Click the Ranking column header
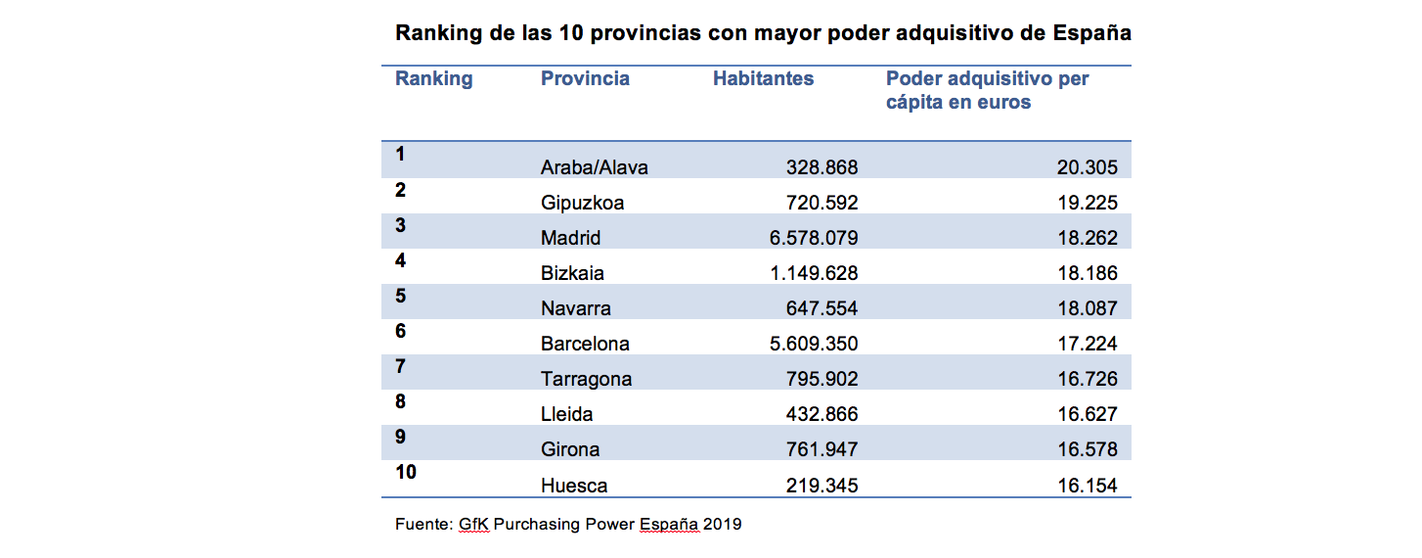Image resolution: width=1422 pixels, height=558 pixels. coord(433,79)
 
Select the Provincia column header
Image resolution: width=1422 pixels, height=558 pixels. coord(585,79)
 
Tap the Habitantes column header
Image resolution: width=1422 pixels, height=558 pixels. coord(763,79)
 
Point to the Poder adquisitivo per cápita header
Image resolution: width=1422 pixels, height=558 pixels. coord(987,90)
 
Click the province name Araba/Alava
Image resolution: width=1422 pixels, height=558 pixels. coord(594,167)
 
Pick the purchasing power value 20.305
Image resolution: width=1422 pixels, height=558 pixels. coord(1087,167)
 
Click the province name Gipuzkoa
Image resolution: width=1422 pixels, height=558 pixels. coord(582,203)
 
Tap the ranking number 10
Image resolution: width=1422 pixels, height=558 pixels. coord(405,473)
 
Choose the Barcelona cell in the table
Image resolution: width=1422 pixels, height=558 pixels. coord(585,344)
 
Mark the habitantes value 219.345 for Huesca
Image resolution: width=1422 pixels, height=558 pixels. coord(822,486)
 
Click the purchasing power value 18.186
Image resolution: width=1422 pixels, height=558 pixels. coord(1087,273)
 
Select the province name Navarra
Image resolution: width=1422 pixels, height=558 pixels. coord(575,308)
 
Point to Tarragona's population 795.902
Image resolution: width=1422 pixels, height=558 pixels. coord(822,379)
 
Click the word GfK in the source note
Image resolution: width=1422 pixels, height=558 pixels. coord(473,524)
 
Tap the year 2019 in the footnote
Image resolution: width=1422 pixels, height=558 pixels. coord(722,524)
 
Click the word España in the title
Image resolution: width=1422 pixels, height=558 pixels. coord(1091,33)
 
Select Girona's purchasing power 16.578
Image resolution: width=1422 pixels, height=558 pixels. coord(1087,449)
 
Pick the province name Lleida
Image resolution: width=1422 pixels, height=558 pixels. coord(566,414)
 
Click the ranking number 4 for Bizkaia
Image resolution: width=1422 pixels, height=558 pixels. coord(400,261)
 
